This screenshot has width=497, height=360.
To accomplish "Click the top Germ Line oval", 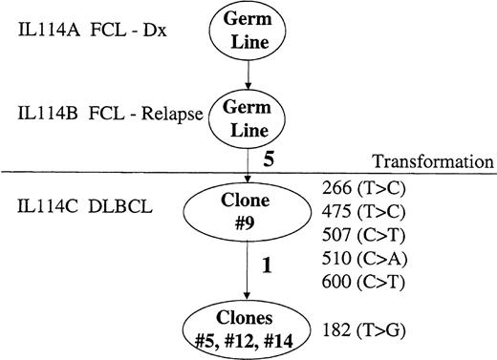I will (248, 30).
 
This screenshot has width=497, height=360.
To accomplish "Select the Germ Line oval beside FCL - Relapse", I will (248, 116).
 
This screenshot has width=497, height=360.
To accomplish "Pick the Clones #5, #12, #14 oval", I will (248, 327).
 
